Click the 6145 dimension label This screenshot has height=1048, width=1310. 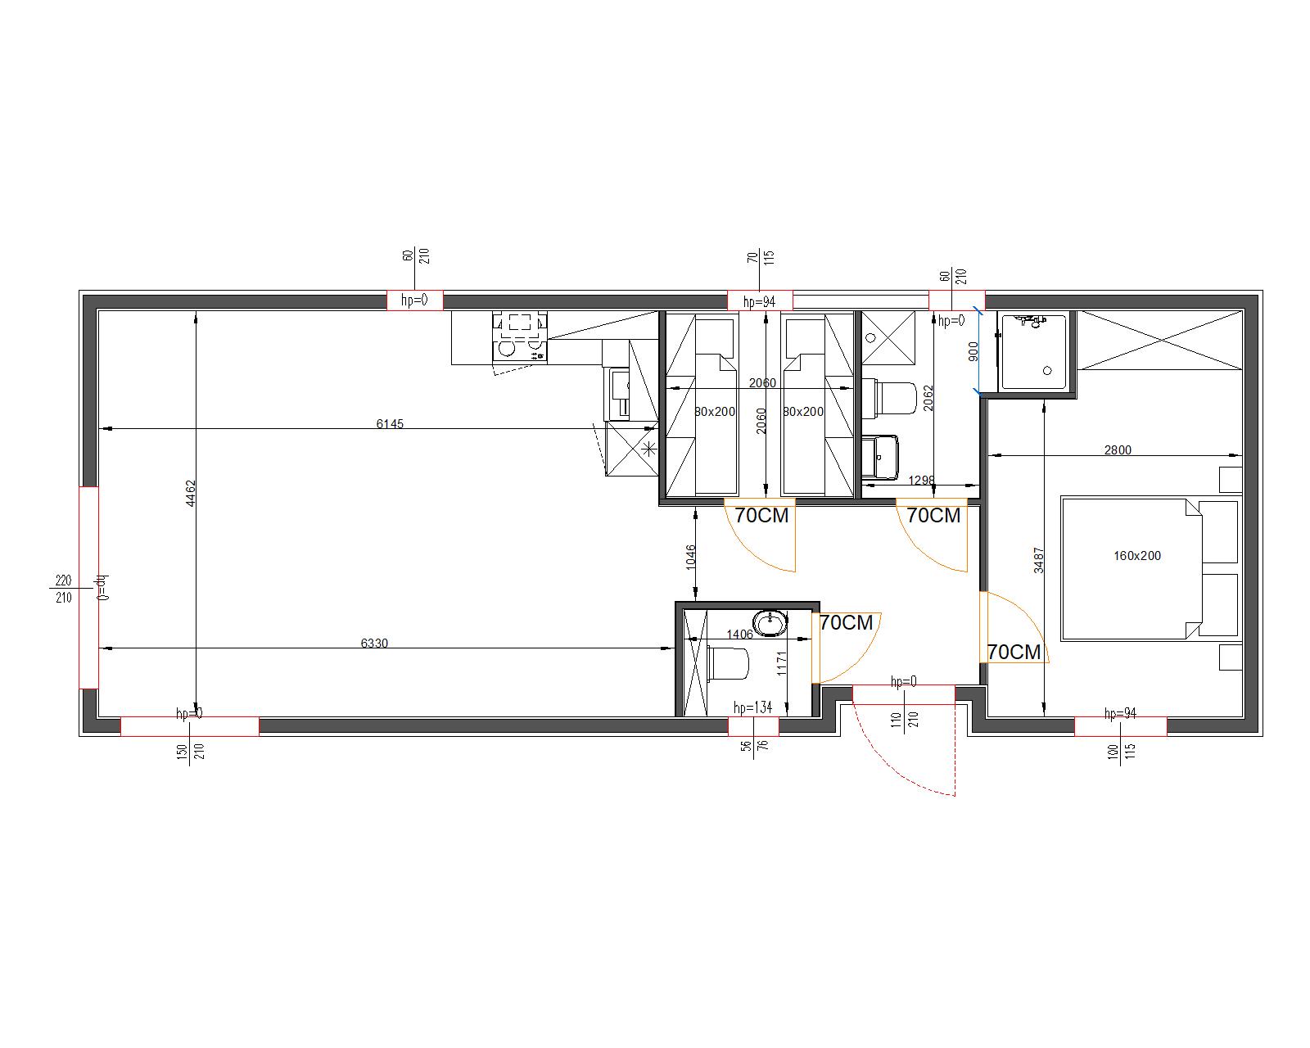click(390, 424)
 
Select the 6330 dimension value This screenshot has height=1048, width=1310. click(374, 643)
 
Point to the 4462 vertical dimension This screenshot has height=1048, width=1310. click(191, 493)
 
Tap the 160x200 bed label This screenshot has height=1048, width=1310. click(1137, 555)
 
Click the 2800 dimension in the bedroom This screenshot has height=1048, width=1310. click(1118, 450)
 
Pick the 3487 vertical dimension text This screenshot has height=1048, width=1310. click(1039, 560)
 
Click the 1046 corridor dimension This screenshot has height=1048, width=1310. click(690, 558)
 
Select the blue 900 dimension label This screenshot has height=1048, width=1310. click(973, 351)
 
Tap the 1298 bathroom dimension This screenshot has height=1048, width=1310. click(921, 480)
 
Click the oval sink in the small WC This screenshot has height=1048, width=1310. click(770, 624)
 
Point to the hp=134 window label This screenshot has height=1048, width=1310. click(753, 707)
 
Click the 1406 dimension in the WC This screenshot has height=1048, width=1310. click(739, 635)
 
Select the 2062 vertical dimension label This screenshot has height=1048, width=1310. click(928, 398)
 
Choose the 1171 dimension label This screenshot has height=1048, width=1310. click(782, 664)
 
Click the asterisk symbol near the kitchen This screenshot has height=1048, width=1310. click(649, 449)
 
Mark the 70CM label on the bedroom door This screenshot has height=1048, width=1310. click(1014, 653)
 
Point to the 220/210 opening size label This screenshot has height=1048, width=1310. click(63, 589)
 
